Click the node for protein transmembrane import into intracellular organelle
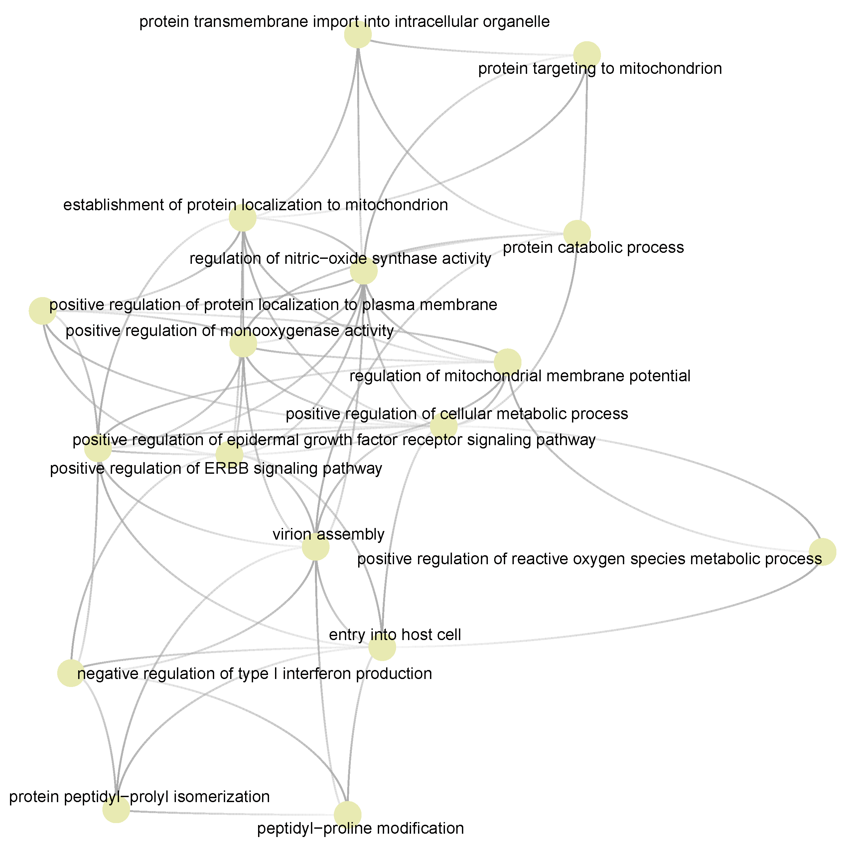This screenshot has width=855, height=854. click(x=357, y=34)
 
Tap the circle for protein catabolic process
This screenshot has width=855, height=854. click(x=577, y=233)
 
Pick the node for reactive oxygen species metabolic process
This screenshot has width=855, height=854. click(x=822, y=552)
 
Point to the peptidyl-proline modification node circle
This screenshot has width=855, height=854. click(x=348, y=815)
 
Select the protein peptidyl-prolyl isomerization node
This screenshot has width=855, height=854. click(x=116, y=809)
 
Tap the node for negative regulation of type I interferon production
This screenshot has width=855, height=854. click(x=71, y=673)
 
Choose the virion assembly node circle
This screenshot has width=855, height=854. click(x=316, y=547)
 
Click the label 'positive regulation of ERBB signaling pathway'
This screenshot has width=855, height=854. click(x=216, y=468)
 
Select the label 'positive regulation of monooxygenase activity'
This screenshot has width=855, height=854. click(x=229, y=331)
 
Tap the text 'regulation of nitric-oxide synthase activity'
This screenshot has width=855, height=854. click(x=340, y=258)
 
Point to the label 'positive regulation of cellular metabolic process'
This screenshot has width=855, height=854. click(x=457, y=414)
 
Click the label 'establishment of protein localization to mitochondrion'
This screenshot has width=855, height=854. click(x=255, y=205)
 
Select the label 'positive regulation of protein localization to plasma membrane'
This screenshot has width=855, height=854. click(x=273, y=305)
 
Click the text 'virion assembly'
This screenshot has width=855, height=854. click(x=328, y=534)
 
